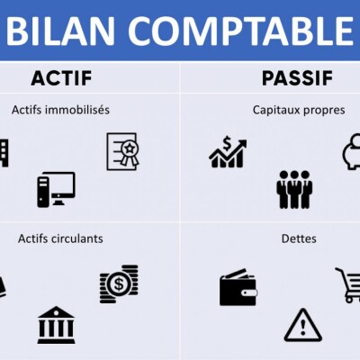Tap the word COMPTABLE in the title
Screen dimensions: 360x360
(x=238, y=31)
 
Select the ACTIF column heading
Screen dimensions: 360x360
(x=61, y=78)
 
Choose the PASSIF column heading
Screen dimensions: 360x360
(x=297, y=78)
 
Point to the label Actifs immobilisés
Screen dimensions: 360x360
(x=60, y=110)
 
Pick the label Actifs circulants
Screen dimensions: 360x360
(x=60, y=238)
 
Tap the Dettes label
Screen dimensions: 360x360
(x=298, y=238)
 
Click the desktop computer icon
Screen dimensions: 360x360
(x=56, y=189)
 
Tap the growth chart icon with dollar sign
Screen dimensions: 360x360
(x=228, y=151)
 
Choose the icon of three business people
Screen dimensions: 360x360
(x=294, y=189)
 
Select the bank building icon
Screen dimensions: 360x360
(x=56, y=325)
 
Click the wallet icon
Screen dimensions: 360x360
(x=238, y=288)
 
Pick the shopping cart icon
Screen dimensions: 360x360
(x=348, y=284)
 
